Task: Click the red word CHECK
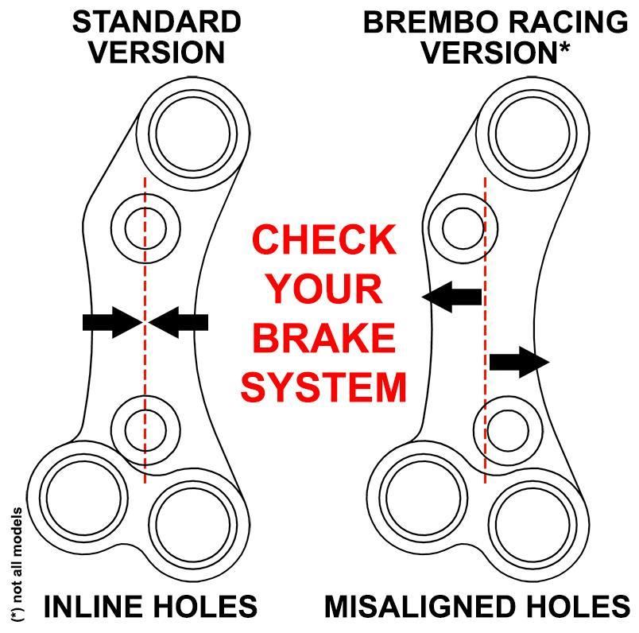tap(324, 240)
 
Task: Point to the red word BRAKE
tap(324, 338)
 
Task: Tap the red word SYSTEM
tap(324, 386)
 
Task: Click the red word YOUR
tap(324, 289)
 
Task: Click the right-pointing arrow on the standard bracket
tap(113, 322)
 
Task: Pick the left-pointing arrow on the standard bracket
tap(178, 322)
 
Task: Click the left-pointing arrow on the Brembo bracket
tap(452, 297)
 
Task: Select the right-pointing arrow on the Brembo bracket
tap(519, 362)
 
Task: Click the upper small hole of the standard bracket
tap(145, 228)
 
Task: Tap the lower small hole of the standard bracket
tap(145, 430)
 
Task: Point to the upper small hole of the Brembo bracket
tap(463, 228)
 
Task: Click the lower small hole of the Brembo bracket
tap(508, 430)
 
